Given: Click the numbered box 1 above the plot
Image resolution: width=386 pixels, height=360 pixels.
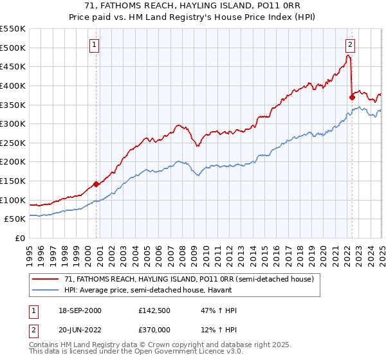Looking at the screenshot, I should point(95,45).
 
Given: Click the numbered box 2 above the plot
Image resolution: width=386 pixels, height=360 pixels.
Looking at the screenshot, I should point(350,45).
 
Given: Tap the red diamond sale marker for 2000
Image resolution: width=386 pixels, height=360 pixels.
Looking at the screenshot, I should point(96,184).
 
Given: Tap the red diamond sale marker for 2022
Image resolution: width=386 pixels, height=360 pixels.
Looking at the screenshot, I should point(352,97).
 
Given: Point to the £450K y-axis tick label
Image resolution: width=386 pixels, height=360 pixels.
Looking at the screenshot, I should point(13,66).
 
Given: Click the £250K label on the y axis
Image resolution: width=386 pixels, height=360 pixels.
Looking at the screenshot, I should point(13,143).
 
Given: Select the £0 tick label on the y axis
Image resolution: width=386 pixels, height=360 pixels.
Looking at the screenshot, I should point(21,238).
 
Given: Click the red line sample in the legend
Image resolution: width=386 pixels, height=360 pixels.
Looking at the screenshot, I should point(46,279).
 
